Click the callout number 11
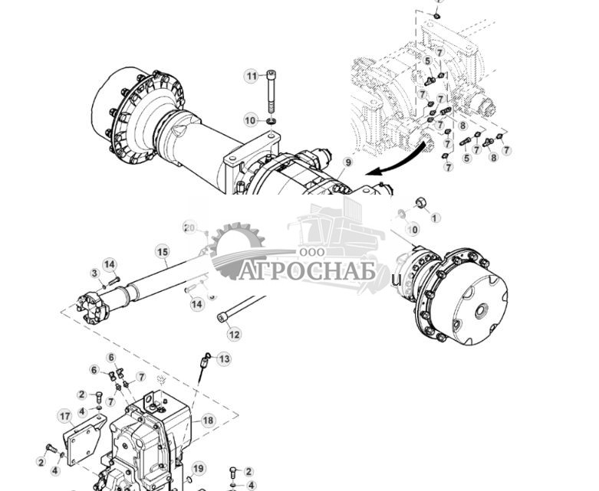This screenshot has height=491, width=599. click(x=252, y=75)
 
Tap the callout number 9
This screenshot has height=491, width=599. click(x=347, y=162)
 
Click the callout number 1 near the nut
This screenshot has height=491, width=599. click(x=436, y=218)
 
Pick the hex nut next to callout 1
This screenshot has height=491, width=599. click(x=420, y=203)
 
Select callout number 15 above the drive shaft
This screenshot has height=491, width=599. click(x=162, y=251)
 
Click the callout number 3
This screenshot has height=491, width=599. click(x=94, y=273)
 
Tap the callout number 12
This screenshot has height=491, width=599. click(x=234, y=334)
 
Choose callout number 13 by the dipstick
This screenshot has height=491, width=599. click(x=224, y=358)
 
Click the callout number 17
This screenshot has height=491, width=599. click(x=64, y=415)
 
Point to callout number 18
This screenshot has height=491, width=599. click(x=208, y=420)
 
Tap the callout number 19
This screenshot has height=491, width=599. click(x=199, y=469)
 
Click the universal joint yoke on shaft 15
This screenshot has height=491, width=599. click(x=94, y=306)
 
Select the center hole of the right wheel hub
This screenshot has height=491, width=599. click(x=481, y=312)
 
